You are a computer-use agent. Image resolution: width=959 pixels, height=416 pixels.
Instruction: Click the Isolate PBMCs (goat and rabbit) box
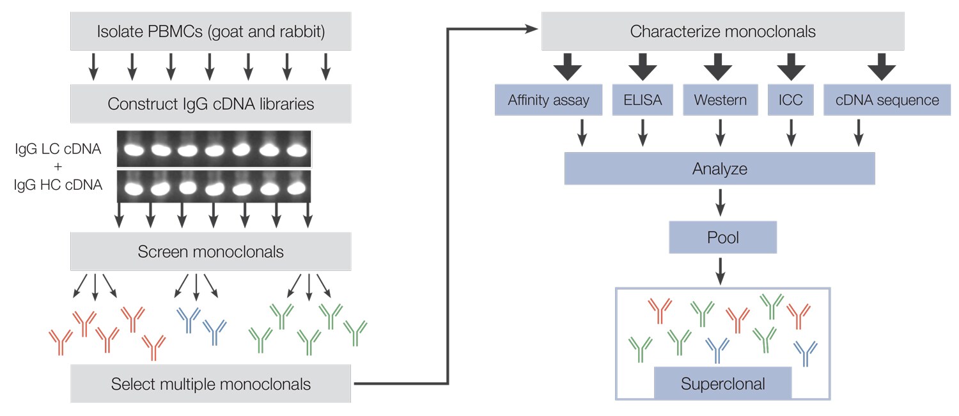click(x=210, y=31)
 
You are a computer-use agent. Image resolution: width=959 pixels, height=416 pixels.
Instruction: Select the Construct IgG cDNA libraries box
click(x=210, y=104)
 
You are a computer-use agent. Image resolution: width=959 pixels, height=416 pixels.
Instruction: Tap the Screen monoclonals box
click(x=210, y=251)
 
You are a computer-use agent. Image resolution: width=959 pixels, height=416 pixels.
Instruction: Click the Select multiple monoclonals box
click(x=210, y=384)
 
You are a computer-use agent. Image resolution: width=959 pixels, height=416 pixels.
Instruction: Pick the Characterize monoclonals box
click(x=722, y=31)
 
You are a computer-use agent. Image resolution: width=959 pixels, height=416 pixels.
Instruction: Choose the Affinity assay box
click(x=549, y=100)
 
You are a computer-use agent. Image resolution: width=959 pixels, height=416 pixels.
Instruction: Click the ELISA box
click(x=643, y=100)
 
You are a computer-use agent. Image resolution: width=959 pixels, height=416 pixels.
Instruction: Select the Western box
click(x=720, y=100)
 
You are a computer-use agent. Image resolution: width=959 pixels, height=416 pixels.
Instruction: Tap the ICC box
click(x=791, y=100)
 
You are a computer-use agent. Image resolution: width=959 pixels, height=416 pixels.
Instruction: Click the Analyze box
click(x=719, y=169)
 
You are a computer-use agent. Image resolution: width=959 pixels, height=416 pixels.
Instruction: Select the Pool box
click(x=722, y=238)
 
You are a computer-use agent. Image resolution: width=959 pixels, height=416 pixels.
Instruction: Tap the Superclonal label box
click(x=722, y=383)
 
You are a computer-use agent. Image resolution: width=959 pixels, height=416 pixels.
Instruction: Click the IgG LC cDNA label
click(x=58, y=150)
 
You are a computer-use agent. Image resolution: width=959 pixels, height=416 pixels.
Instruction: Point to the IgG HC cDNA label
click(x=58, y=186)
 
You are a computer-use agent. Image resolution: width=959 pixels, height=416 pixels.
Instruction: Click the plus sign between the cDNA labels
click(x=58, y=168)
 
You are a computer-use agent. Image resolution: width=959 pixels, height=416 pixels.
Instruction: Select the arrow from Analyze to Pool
click(x=721, y=203)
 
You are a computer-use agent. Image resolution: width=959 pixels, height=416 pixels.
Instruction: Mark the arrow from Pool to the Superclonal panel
click(x=721, y=270)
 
